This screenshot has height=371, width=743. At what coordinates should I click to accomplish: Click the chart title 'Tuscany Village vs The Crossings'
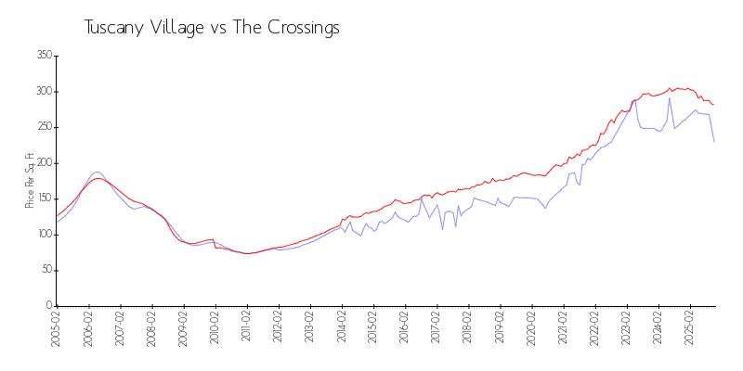[212, 28]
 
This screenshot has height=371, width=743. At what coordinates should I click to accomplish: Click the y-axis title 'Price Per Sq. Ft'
[30, 181]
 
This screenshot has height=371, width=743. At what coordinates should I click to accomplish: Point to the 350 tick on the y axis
[42, 56]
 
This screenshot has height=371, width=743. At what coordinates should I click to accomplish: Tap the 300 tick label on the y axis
[42, 92]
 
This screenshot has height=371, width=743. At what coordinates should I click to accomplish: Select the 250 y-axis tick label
[42, 127]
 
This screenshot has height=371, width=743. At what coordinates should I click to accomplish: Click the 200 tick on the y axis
[42, 163]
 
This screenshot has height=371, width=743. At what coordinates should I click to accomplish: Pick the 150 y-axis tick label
[42, 198]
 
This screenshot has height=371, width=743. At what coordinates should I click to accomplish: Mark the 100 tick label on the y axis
[42, 235]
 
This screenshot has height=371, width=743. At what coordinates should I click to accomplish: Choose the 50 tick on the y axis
[45, 270]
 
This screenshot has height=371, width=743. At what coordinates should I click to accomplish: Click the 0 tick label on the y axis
[47, 306]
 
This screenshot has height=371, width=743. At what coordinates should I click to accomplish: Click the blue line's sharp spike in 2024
[670, 98]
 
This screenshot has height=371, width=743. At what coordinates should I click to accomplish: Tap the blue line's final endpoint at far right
[714, 141]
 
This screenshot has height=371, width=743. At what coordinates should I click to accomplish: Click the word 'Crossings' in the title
[298, 28]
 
